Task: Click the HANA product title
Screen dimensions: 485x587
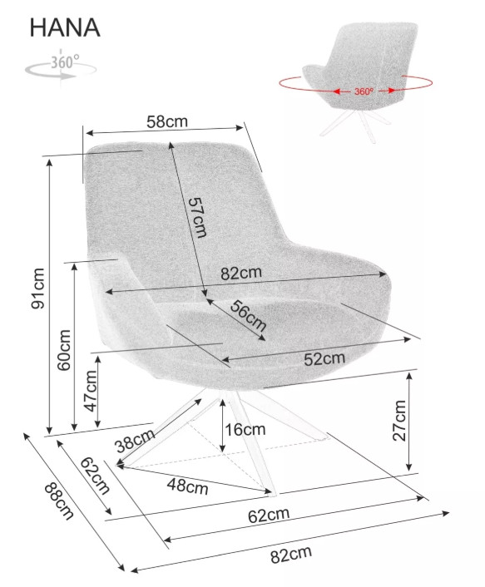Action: [65, 27]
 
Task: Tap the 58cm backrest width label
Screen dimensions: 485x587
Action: [167, 121]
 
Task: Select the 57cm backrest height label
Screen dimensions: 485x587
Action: [197, 218]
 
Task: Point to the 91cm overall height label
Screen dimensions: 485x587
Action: [37, 289]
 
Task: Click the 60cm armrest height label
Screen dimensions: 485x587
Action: [64, 350]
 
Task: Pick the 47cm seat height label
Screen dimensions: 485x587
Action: [91, 391]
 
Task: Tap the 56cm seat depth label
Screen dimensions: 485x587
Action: [248, 316]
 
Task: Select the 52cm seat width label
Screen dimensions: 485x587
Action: [324, 358]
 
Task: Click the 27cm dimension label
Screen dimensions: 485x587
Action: [399, 421]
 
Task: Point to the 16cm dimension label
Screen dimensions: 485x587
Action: [245, 429]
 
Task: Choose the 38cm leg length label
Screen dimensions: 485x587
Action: [135, 441]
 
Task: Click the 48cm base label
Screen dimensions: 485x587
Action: [188, 486]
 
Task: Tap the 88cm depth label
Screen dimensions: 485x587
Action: [59, 501]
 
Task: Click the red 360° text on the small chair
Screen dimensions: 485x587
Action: [364, 91]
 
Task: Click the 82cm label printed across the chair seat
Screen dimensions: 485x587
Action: [241, 273]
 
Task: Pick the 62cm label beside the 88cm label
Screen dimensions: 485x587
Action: [95, 476]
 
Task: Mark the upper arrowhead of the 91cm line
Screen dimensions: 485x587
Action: [49, 161]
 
